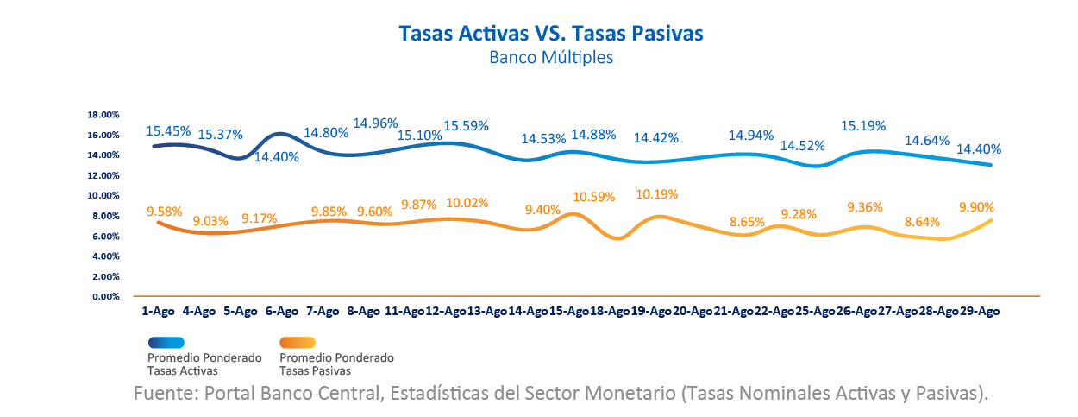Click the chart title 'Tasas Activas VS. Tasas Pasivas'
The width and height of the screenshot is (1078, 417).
click(551, 33)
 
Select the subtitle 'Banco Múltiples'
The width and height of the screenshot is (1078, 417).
click(550, 58)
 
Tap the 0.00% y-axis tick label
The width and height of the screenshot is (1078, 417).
click(104, 297)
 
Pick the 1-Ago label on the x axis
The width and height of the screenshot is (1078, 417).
click(160, 312)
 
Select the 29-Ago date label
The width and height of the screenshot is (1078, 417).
click(978, 312)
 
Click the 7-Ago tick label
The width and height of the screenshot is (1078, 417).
click(323, 312)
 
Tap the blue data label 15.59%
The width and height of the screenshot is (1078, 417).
click(466, 126)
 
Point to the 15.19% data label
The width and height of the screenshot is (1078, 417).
click(863, 126)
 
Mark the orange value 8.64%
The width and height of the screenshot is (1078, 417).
click(926, 223)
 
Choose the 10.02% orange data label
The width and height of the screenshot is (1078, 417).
click(467, 204)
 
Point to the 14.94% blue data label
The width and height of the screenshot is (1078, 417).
click(751, 136)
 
